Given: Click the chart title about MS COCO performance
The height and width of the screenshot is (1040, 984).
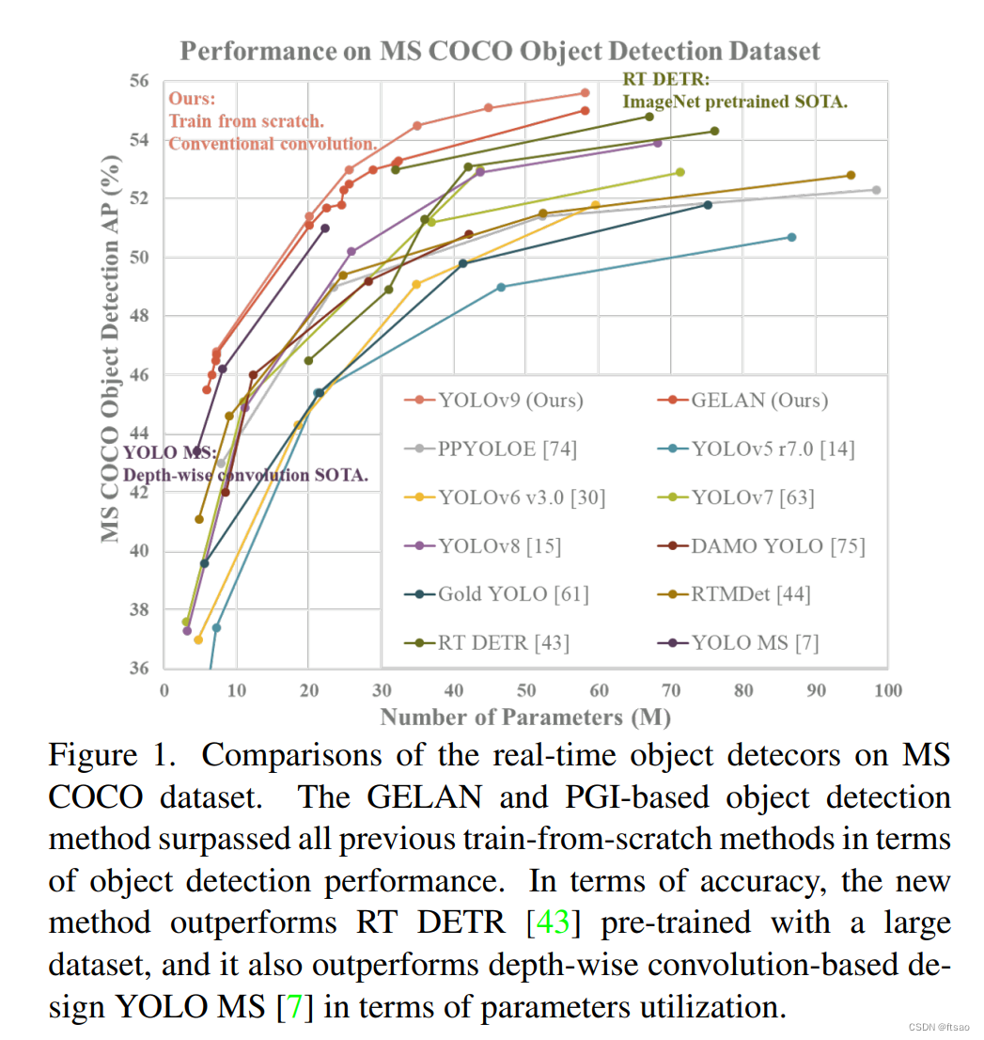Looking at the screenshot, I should [500, 51].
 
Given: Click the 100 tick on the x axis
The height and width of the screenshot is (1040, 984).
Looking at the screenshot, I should [887, 691].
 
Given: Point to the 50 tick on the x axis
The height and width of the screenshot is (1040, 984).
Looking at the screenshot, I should [526, 691].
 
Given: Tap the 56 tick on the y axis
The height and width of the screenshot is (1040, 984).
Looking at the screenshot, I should [139, 82].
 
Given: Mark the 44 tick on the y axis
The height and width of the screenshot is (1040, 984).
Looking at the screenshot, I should [139, 433].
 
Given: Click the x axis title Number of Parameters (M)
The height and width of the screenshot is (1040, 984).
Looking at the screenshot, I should [525, 717].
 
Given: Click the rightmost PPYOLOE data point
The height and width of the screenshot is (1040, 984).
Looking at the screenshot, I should [876, 190].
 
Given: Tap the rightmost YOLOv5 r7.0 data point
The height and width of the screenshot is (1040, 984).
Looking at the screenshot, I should [791, 237].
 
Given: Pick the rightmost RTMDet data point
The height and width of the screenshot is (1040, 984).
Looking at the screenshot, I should [851, 175].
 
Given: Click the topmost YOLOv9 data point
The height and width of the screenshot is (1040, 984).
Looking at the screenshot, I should [585, 92].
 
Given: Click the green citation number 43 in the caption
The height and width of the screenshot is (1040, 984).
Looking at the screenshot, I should [552, 922].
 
